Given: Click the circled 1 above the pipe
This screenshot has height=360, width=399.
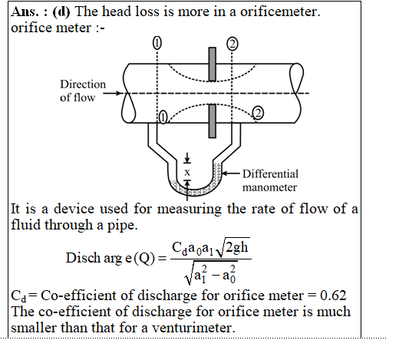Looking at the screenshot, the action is click(157, 43).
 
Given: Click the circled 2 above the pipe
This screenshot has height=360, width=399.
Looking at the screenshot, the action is click(232, 44).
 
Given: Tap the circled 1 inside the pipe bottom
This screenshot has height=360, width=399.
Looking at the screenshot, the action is click(163, 117).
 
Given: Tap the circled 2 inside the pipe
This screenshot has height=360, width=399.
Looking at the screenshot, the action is click(258, 113).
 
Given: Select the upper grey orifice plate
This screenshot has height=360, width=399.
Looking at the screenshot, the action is click(212, 64).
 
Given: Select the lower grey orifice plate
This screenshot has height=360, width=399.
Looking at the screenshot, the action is click(212, 121).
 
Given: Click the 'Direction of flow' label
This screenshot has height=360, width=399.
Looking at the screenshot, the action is click(83, 91).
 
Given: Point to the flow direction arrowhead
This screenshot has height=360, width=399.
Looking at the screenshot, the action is click(120, 93).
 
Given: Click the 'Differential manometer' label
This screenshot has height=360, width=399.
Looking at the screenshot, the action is click(270, 180).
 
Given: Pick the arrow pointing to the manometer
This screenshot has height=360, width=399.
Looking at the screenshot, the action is click(231, 173).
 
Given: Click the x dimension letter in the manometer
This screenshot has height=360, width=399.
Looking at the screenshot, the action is click(187, 173).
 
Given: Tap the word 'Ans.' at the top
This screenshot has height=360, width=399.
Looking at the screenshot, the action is click(25, 12).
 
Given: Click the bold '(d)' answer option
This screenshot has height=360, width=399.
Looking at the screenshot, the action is click(61, 12).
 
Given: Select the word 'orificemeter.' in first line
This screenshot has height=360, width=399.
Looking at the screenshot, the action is click(280, 12).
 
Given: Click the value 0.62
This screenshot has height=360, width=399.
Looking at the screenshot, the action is click(333, 296).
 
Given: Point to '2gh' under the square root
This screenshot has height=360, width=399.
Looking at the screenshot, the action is click(237, 247).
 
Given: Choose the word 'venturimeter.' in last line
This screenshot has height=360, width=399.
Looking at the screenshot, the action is click(193, 328).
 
